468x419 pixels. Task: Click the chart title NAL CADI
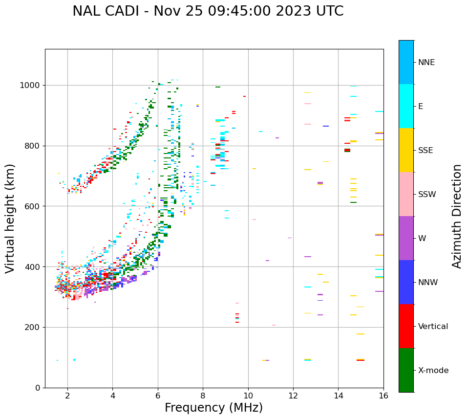[x=208, y=11]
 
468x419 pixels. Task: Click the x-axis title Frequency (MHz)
[x=213, y=408]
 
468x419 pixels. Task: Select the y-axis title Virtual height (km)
[x=10, y=218]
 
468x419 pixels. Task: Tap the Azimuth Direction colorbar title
[x=457, y=216]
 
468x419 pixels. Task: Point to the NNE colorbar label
[x=426, y=63]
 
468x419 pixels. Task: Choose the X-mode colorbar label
[x=433, y=371]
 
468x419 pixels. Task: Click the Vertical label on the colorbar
[x=433, y=327]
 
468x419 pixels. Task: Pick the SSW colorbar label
[x=427, y=195]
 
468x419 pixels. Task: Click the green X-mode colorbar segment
[x=406, y=370]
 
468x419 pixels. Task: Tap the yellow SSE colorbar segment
[x=406, y=150]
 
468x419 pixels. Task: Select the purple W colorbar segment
[x=406, y=238]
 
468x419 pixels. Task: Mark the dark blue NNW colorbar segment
[x=406, y=282]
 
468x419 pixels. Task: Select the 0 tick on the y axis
[x=38, y=388]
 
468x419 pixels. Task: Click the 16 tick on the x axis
[x=383, y=396]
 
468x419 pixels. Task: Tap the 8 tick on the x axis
[x=203, y=396]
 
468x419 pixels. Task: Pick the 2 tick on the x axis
[x=67, y=396]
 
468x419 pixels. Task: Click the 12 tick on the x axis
[x=293, y=396]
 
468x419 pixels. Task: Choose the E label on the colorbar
[x=421, y=107]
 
